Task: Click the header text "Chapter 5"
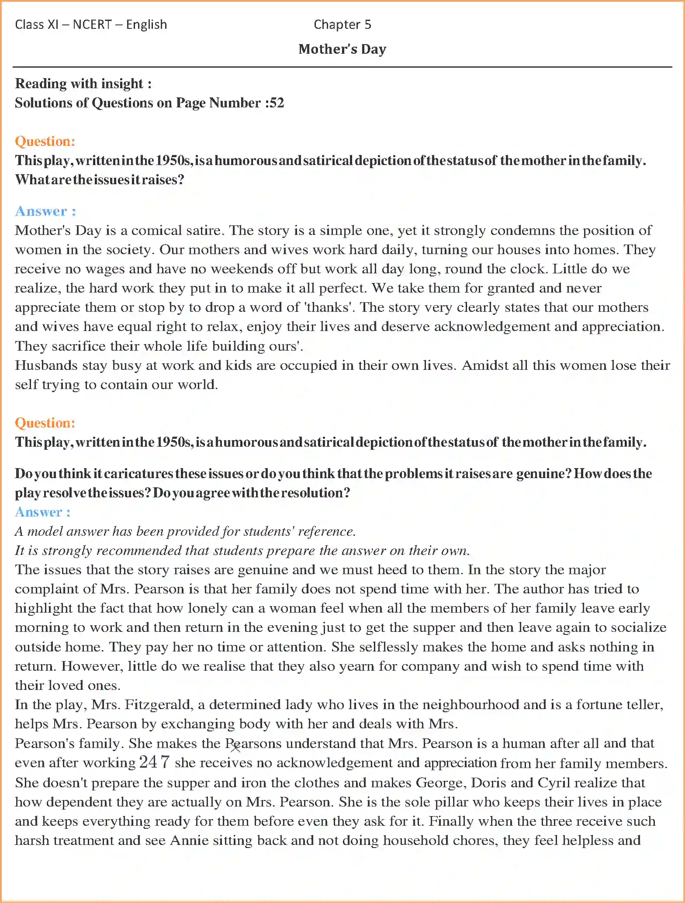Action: (x=342, y=24)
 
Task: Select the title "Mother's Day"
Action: (x=342, y=49)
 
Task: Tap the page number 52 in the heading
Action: (x=277, y=103)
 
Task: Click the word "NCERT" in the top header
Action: (x=92, y=24)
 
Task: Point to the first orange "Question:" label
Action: (x=45, y=141)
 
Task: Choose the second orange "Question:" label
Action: (x=45, y=423)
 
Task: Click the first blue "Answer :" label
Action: (x=45, y=211)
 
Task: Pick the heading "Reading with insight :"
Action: (x=83, y=83)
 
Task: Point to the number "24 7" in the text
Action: (x=154, y=762)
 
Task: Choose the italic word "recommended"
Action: (x=139, y=551)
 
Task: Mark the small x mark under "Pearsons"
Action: (x=235, y=748)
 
